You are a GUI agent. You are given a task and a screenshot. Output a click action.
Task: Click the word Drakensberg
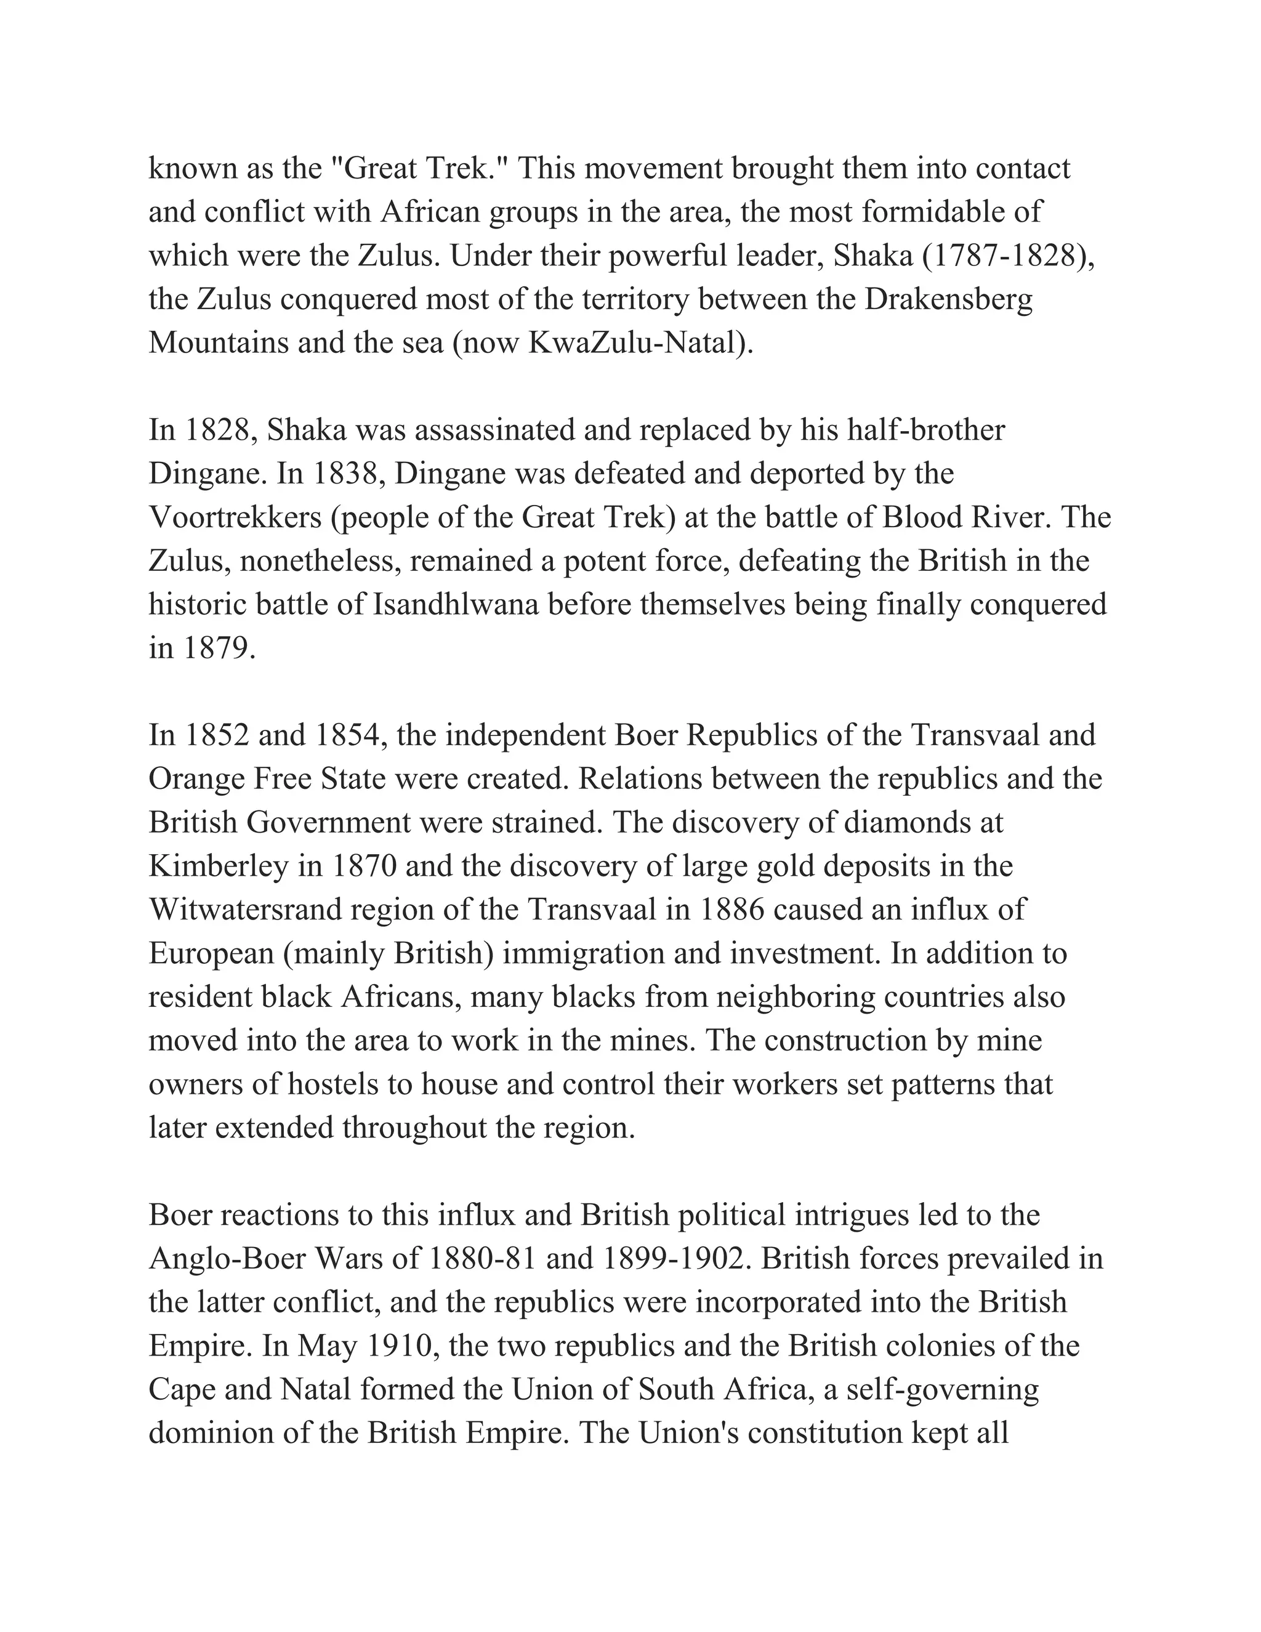click(949, 300)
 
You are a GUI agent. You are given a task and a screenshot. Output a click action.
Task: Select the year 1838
click(345, 474)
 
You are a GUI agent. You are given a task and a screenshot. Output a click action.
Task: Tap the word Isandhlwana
click(456, 605)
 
